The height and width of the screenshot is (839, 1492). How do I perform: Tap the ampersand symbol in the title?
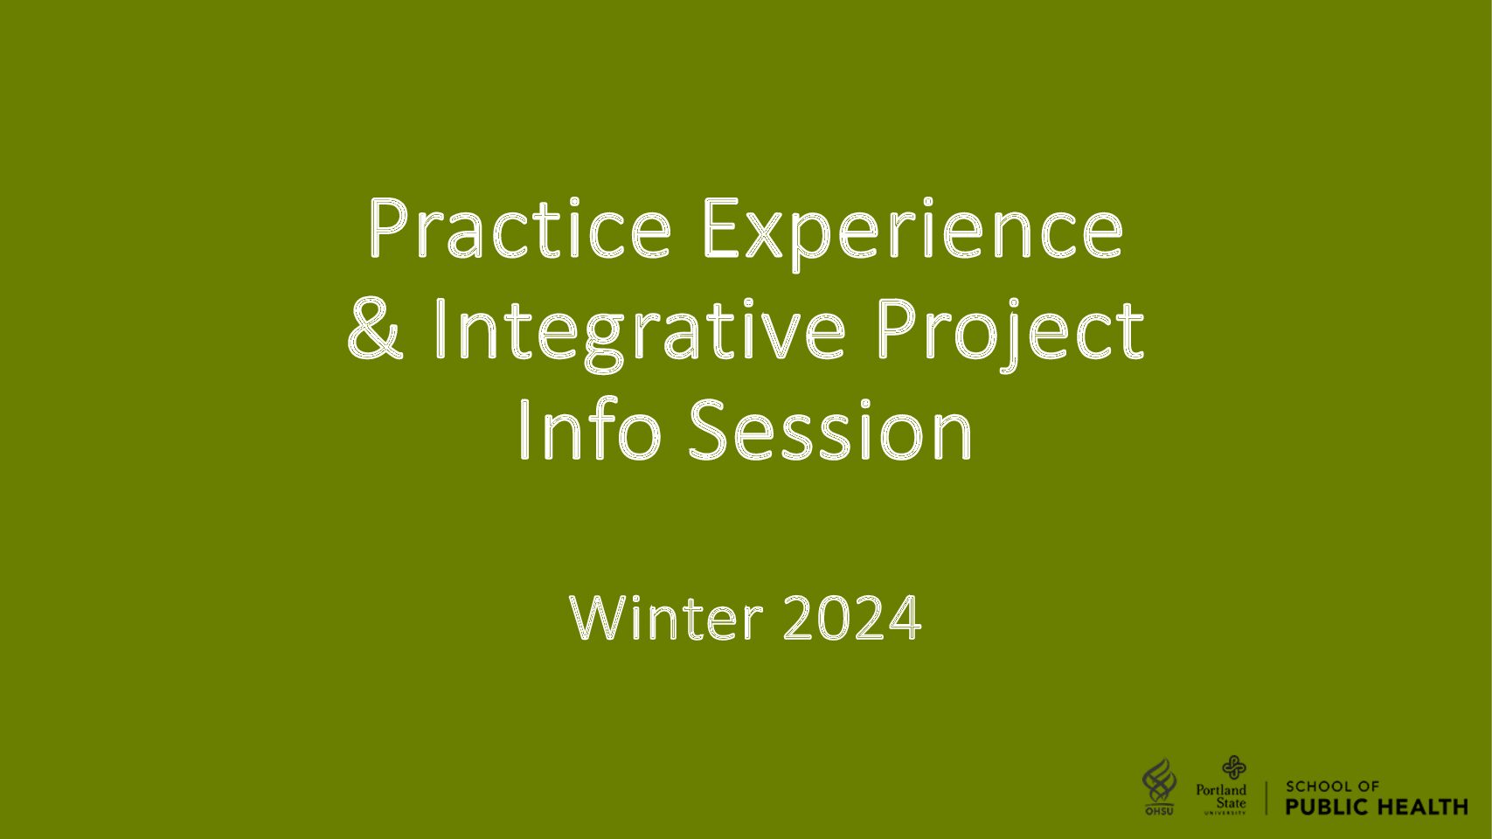[x=376, y=329]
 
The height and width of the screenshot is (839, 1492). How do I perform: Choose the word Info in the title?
[x=590, y=429]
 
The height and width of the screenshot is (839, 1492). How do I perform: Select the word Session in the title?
[x=830, y=429]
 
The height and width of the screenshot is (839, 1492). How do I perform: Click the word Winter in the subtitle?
[x=666, y=617]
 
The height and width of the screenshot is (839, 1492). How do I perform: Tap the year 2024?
[x=852, y=617]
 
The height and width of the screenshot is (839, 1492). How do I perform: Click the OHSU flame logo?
[x=1159, y=787]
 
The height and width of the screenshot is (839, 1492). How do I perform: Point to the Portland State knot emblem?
[x=1233, y=767]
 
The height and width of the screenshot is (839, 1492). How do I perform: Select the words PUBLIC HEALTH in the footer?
[x=1377, y=807]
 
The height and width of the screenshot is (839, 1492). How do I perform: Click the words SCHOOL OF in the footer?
[x=1332, y=787]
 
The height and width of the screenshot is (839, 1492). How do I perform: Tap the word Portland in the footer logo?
[x=1221, y=790]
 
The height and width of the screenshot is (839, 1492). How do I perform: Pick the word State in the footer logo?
[x=1231, y=803]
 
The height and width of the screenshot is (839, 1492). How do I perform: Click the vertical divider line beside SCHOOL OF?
[x=1266, y=798]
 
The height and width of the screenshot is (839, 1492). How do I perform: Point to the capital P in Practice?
[x=390, y=227]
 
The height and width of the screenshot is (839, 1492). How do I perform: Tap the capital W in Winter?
[x=601, y=617]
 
